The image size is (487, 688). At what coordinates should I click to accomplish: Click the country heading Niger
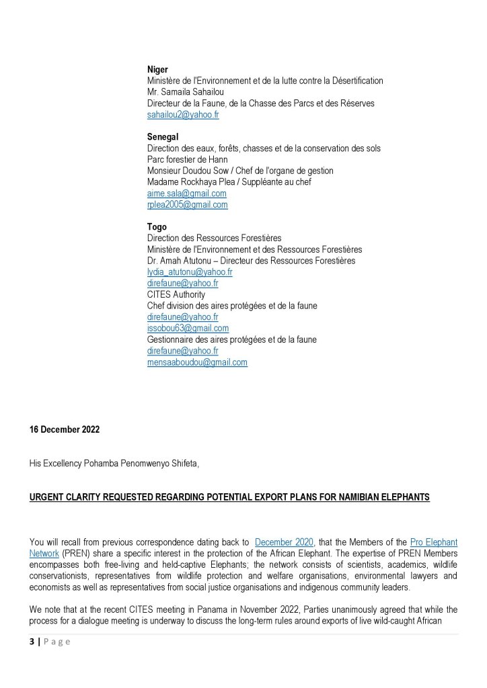(157, 69)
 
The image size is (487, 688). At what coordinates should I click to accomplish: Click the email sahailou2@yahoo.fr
(183, 115)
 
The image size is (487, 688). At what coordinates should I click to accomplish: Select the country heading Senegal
(162, 136)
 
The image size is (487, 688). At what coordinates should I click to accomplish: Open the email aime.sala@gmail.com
(187, 193)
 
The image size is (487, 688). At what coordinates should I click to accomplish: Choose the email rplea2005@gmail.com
(188, 205)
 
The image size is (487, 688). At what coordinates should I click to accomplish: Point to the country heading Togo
(157, 227)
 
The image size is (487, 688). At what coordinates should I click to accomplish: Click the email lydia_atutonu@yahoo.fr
(190, 272)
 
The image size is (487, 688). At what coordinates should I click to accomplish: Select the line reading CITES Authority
(176, 294)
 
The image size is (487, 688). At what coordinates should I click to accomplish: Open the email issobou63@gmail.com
(188, 329)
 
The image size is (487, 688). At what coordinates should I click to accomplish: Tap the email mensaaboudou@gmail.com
(197, 362)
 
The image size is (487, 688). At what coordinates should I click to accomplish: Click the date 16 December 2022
(64, 430)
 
